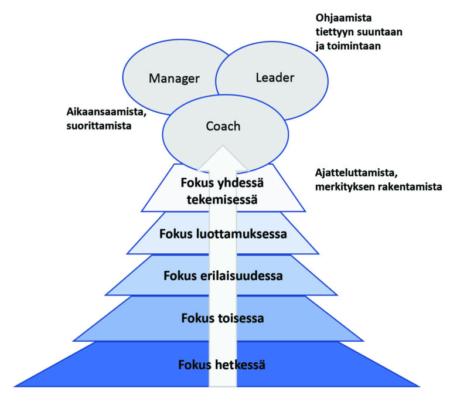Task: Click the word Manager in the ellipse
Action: (174, 79)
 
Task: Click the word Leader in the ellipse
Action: (275, 77)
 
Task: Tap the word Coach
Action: (223, 127)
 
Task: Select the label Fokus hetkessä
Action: (222, 365)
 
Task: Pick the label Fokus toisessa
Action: (223, 318)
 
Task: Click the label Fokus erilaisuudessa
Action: (223, 275)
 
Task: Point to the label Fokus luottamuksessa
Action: (223, 234)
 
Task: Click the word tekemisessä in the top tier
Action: (222, 199)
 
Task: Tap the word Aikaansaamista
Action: (107, 112)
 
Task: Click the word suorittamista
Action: (99, 126)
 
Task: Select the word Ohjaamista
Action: (343, 18)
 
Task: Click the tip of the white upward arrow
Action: (223, 146)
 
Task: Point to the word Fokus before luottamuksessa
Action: (176, 234)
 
